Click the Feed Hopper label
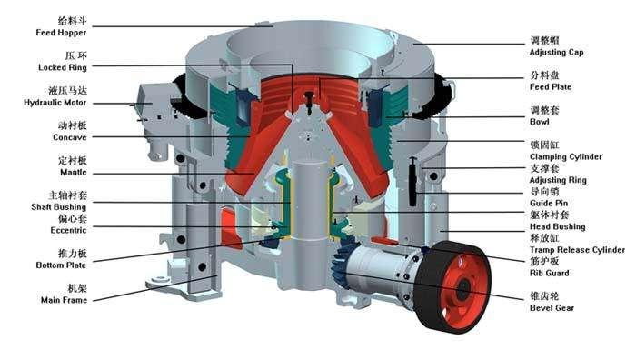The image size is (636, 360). [61, 33]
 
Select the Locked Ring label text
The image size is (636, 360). [63, 67]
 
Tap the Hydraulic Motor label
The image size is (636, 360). [55, 103]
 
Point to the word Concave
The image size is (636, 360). [70, 137]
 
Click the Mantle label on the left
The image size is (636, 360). [74, 172]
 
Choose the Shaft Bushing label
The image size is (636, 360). [59, 207]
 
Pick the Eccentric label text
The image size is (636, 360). [68, 230]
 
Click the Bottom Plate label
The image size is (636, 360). [61, 265]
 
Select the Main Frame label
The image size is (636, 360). [65, 300]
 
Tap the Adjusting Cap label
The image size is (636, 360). [556, 53]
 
